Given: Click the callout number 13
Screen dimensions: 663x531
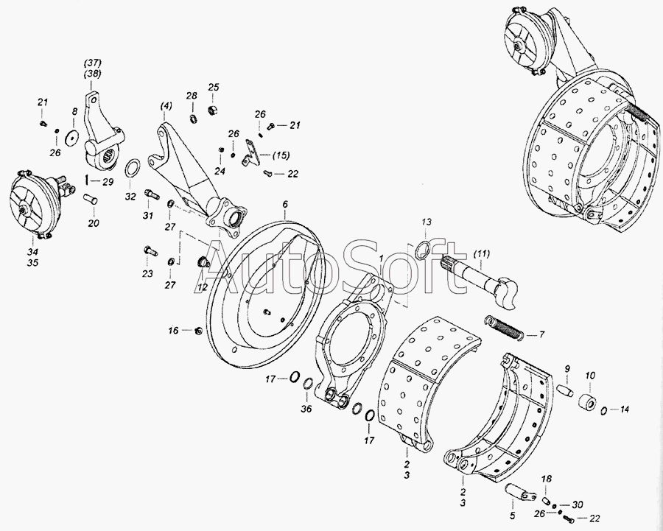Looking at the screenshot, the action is [427, 222].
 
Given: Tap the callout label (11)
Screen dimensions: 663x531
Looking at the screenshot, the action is [481, 254].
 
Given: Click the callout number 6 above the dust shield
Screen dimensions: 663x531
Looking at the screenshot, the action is [285, 204].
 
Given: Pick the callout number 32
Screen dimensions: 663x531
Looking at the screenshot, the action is [130, 197].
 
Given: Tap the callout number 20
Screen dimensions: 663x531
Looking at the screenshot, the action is [94, 223].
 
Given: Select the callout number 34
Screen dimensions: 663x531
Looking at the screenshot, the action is [32, 252].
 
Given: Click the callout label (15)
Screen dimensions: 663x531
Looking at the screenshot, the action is [281, 155].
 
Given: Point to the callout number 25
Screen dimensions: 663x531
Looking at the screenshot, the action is [214, 87].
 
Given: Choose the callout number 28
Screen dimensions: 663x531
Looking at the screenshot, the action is [192, 96].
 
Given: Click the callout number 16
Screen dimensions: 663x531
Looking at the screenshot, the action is [173, 330].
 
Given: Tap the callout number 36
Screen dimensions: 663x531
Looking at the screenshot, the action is [306, 409].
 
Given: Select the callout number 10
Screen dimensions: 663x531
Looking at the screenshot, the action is [590, 376].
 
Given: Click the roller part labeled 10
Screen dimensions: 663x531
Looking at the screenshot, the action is [586, 401].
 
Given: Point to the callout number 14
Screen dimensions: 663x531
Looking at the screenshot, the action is [625, 409].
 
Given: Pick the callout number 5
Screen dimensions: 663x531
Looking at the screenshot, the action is [513, 516].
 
